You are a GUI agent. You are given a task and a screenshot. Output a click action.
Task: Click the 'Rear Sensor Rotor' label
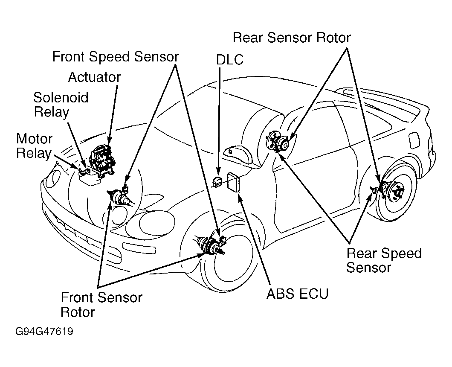(x=292, y=38)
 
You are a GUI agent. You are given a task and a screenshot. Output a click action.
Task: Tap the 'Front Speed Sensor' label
(x=116, y=57)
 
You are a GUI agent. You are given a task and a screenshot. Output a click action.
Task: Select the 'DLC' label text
(x=230, y=60)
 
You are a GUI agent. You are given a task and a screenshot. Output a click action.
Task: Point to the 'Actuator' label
(x=94, y=77)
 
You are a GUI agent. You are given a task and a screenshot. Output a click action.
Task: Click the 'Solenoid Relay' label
(x=61, y=105)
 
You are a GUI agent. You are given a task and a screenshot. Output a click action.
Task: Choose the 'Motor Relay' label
(x=34, y=146)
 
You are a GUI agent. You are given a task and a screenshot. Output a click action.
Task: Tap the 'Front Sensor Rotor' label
(x=101, y=305)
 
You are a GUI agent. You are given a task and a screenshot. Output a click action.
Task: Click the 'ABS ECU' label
(x=298, y=294)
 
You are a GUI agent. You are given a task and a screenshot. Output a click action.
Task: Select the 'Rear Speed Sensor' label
(x=384, y=260)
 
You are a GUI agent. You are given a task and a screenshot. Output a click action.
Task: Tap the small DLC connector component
(x=217, y=181)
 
